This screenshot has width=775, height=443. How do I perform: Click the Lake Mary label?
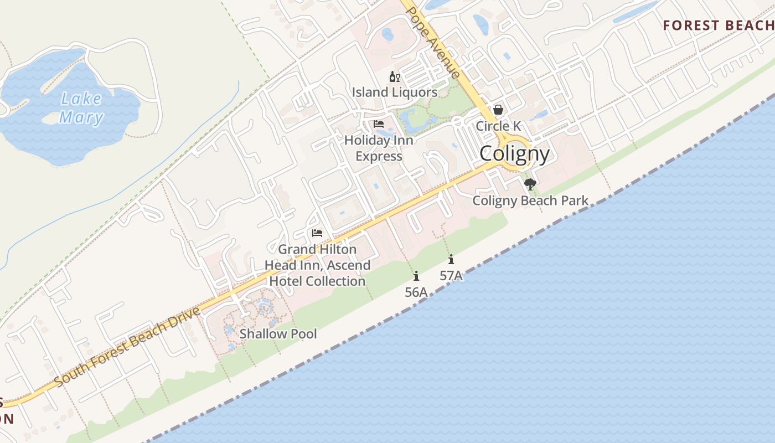click(x=81, y=108)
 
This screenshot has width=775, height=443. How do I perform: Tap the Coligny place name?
click(x=514, y=154)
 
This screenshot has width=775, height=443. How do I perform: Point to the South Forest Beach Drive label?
click(x=128, y=347)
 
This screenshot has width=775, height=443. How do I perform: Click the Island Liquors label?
click(x=395, y=92)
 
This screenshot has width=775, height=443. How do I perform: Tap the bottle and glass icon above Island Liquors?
click(x=394, y=77)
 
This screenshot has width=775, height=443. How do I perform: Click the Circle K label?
click(x=498, y=126)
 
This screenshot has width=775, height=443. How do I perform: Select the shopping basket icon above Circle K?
click(x=498, y=110)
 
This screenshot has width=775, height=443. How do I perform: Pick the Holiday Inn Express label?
click(x=379, y=148)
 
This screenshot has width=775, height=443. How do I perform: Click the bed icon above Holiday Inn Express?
click(x=379, y=124)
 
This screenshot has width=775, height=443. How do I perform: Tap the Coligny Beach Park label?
click(x=530, y=200)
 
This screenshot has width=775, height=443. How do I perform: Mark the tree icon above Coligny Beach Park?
click(x=530, y=184)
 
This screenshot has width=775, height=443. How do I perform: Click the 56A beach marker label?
click(x=416, y=292)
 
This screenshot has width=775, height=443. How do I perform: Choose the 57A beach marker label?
click(x=451, y=275)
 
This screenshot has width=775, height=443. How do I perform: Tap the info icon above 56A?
click(x=416, y=276)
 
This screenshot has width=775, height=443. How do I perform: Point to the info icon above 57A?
click(x=451, y=259)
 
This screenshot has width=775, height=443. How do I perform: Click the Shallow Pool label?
click(x=278, y=334)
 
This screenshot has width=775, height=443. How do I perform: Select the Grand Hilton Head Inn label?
click(x=317, y=265)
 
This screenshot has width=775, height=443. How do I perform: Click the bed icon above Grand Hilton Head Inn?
click(x=317, y=233)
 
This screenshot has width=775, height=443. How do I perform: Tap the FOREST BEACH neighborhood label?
click(x=719, y=25)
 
